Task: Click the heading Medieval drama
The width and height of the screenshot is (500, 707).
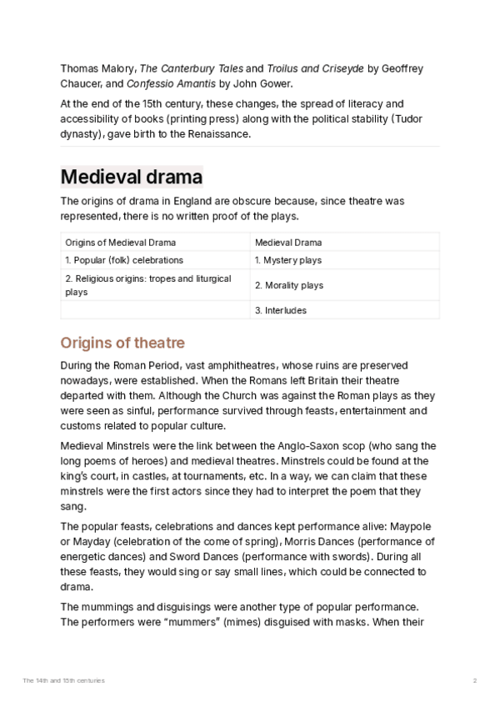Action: (x=131, y=178)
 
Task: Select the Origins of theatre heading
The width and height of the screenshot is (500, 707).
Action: (x=122, y=343)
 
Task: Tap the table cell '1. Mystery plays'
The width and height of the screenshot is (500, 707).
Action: (x=287, y=260)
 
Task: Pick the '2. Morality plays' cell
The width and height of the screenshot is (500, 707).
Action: (x=288, y=285)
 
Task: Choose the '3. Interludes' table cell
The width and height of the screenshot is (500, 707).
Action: (x=281, y=310)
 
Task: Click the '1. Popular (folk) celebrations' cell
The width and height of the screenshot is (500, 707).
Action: (x=123, y=260)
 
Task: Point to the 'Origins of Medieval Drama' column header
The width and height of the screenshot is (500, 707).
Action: (x=120, y=243)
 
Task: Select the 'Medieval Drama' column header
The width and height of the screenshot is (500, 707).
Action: (x=288, y=243)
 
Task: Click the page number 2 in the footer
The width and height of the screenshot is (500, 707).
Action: (x=474, y=681)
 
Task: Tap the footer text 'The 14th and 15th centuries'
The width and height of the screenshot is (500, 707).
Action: (x=64, y=681)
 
